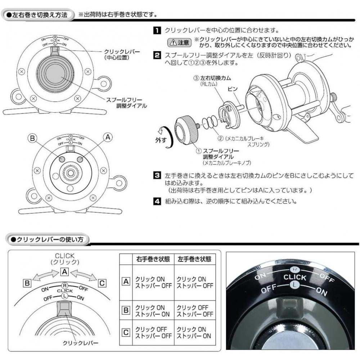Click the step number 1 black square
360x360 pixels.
pyautogui.click(x=157, y=30)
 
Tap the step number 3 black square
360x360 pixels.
pyautogui.click(x=157, y=176)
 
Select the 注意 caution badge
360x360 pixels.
pyautogui.click(x=179, y=42)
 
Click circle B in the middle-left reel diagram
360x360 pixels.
pyautogui.click(x=62, y=159)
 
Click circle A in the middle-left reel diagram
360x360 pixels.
pyautogui.click(x=80, y=159)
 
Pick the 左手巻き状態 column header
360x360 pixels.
pyautogui.click(x=194, y=259)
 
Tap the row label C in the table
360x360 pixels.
pyautogui.click(x=126, y=332)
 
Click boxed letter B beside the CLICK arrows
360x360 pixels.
pyautogui.click(x=27, y=283)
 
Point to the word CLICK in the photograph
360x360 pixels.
pyautogui.click(x=295, y=278)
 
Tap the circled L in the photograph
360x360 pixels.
pyautogui.click(x=294, y=285)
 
